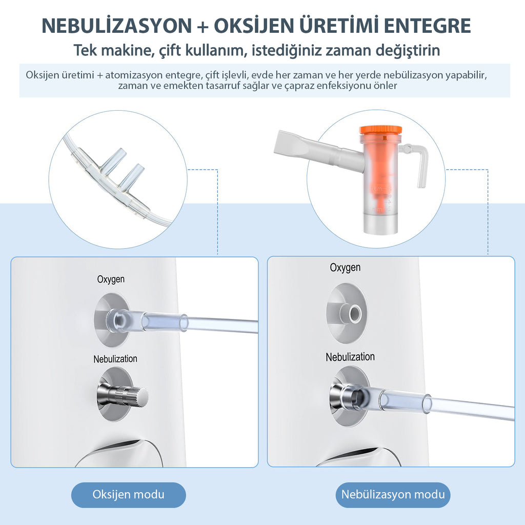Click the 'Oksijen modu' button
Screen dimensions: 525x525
pos(128,495)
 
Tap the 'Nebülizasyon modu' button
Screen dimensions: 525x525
pos(393,495)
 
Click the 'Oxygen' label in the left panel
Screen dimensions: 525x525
pos(111,279)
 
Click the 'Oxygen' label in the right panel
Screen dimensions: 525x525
pos(345,268)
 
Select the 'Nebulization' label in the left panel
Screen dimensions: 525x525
pos(115,359)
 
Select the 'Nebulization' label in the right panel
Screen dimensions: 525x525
pos(350,357)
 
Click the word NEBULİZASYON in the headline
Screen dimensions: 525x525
pos(117,26)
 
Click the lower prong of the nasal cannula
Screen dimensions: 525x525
pos(131,176)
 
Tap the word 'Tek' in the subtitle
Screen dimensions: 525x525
pos(85,50)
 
